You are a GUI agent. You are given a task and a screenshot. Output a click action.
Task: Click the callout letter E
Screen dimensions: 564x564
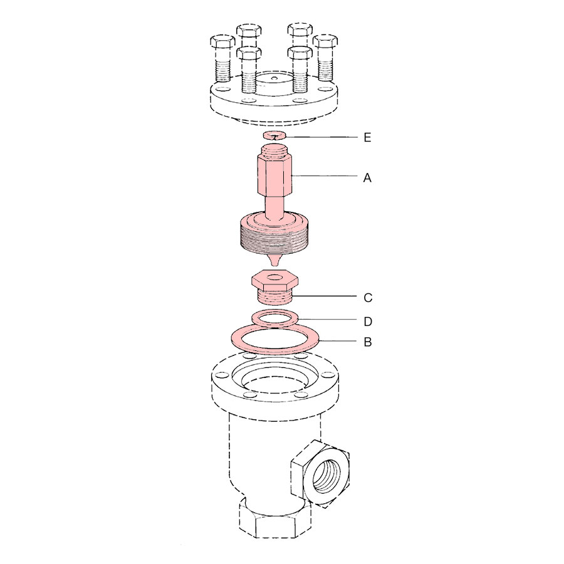(x=367, y=137)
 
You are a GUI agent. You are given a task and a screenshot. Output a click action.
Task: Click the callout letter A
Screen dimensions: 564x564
(x=367, y=178)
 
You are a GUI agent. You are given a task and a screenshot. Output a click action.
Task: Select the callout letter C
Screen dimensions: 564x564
(x=368, y=298)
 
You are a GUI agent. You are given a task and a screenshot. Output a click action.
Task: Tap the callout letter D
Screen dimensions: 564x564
(x=368, y=321)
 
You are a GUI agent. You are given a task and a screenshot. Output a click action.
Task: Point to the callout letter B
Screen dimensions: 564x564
(x=368, y=342)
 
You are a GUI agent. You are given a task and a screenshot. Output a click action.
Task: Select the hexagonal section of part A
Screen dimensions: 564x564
(x=274, y=176)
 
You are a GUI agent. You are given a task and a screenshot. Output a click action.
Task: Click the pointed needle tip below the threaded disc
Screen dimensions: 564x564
(x=274, y=261)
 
